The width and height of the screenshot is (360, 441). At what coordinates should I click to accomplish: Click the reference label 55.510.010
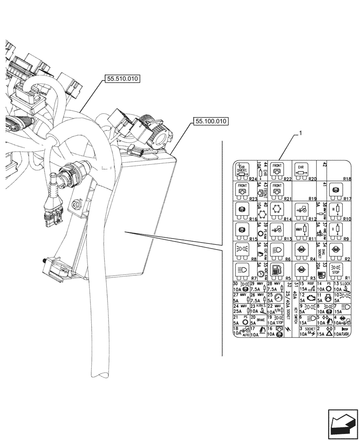point(122,79)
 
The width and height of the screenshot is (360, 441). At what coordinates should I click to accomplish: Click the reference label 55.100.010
point(210,120)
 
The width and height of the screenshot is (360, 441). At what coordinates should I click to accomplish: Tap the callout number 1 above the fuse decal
point(300,132)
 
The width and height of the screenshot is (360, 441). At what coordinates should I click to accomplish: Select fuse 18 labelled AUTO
point(240,332)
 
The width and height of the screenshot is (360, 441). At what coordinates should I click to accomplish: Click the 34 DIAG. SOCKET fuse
point(320,251)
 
